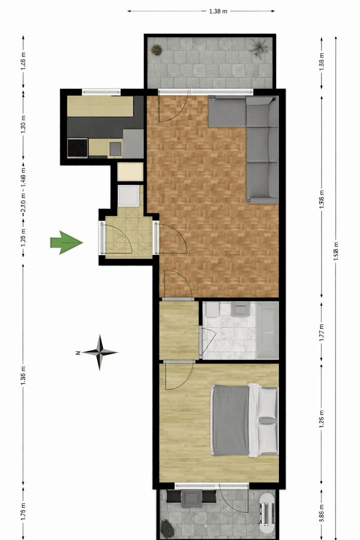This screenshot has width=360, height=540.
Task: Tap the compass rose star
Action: [100, 352]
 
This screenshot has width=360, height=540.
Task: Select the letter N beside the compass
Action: [78, 352]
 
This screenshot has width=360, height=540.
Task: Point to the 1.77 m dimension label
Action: [321, 331]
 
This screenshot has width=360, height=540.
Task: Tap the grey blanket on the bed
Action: [230, 420]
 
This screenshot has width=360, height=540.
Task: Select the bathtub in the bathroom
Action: [267, 330]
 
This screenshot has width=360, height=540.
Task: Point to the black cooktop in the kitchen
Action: [77, 147]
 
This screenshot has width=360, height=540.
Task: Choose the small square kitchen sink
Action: [115, 148]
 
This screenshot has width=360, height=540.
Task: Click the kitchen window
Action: [101, 91]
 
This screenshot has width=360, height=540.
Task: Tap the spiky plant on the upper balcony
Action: [259, 48]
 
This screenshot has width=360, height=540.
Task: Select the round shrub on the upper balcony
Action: [157, 49]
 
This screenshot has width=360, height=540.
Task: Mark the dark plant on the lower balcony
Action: [166, 526]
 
